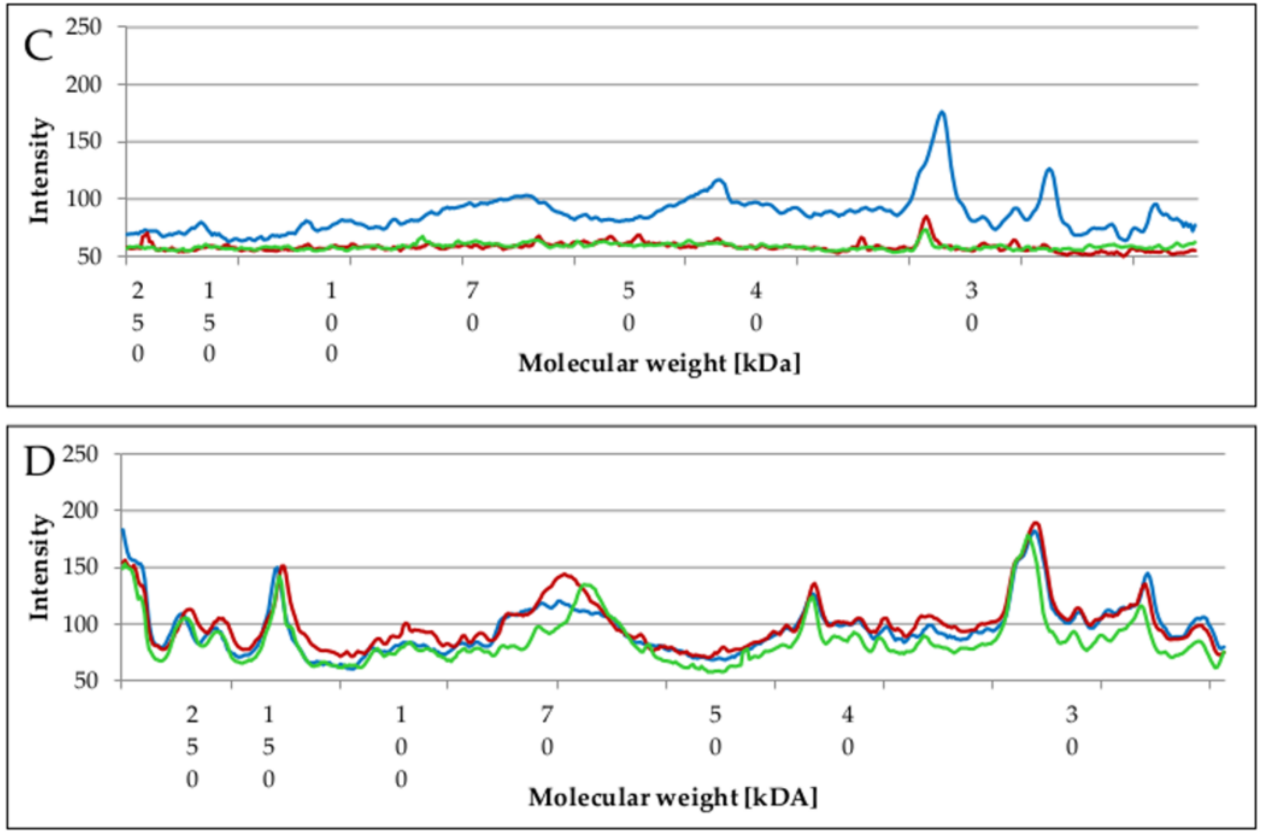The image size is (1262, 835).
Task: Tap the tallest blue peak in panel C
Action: pyautogui.click(x=942, y=112)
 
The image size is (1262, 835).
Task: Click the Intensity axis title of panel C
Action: pyautogui.click(x=39, y=172)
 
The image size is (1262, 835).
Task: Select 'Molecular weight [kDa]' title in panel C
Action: pyautogui.click(x=659, y=364)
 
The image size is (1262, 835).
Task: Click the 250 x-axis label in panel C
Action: pyautogui.click(x=138, y=323)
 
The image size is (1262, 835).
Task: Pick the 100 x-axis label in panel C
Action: pyautogui.click(x=332, y=323)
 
